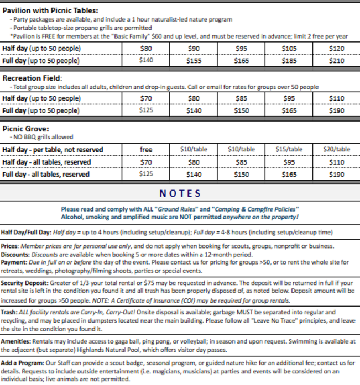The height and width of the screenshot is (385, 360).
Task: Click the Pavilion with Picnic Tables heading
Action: [51, 10]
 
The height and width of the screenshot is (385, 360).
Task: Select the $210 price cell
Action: [336, 61]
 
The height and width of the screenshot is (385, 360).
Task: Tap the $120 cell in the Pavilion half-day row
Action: [336, 49]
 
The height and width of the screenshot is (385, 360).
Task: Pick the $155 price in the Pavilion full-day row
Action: [194, 61]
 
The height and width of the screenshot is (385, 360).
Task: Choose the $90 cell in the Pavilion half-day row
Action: [194, 49]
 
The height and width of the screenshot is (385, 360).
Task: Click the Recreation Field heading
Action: [32, 78]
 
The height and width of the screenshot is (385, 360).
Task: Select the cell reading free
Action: [146, 150]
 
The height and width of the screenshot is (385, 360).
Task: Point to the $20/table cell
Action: [336, 150]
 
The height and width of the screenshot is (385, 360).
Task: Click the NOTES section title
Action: [180, 193]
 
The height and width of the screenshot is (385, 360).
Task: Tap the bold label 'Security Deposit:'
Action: [26, 282]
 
